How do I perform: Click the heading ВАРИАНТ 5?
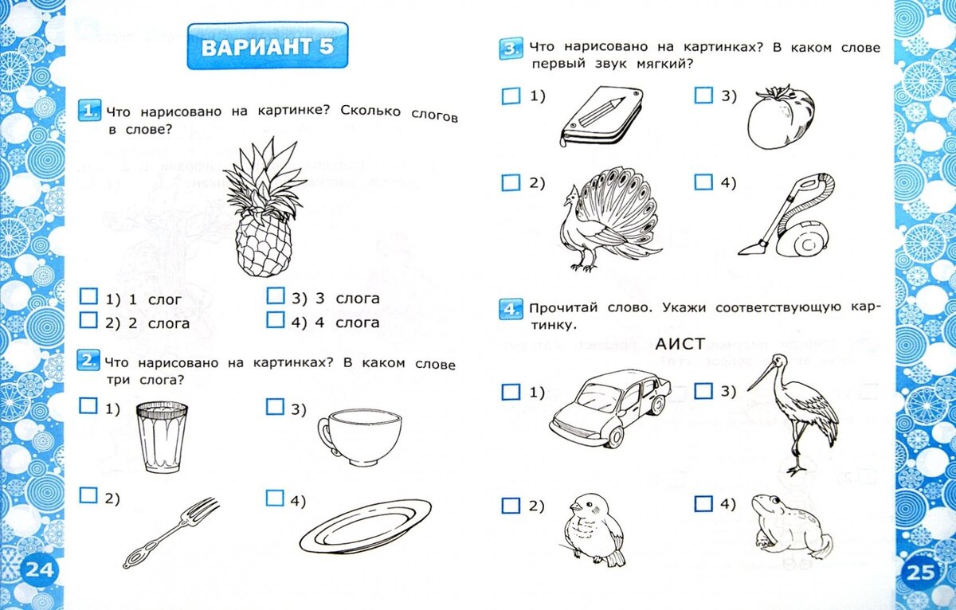(267, 47)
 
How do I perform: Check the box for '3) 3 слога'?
(275, 297)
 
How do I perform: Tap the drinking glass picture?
(162, 438)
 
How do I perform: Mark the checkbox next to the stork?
(703, 391)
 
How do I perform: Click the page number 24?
(37, 570)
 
